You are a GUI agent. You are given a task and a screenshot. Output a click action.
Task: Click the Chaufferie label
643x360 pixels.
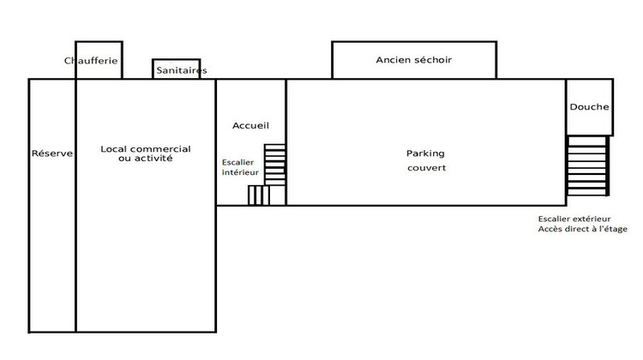91,61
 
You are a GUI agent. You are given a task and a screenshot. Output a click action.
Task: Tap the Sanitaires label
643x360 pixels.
180,71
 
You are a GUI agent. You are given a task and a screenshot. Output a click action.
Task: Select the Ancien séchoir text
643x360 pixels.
413,60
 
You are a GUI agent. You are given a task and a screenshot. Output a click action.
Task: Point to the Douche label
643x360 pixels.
589,107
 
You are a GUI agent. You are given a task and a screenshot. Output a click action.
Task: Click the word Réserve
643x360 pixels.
52,153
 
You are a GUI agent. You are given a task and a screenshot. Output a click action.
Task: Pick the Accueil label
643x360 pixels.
250,126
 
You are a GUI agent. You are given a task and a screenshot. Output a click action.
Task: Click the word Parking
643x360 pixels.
425,153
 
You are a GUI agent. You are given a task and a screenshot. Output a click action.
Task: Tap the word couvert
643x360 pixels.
426,168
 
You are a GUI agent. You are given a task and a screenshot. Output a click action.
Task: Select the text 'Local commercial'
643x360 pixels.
146,148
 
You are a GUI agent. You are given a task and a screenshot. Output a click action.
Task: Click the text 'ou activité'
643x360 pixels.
146,159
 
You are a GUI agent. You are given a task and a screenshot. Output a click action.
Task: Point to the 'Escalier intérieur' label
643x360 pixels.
240,167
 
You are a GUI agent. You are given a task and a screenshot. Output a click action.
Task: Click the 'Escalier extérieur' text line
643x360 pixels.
574,219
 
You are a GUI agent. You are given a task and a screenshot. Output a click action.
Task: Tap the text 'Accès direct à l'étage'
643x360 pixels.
582,230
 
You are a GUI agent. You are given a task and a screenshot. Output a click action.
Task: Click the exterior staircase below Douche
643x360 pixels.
587,165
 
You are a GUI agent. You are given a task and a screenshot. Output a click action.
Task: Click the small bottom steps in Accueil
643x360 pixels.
258,195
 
